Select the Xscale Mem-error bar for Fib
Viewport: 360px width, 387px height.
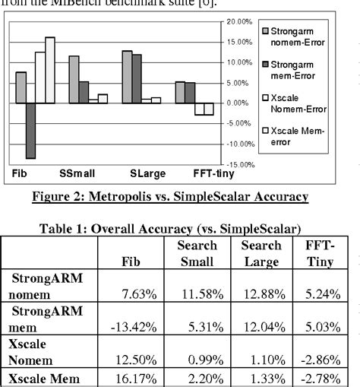click(50, 69)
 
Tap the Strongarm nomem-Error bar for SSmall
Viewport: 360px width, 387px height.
click(74, 79)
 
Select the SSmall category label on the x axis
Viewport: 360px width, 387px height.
click(81, 173)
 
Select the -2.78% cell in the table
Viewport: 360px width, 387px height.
click(321, 378)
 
